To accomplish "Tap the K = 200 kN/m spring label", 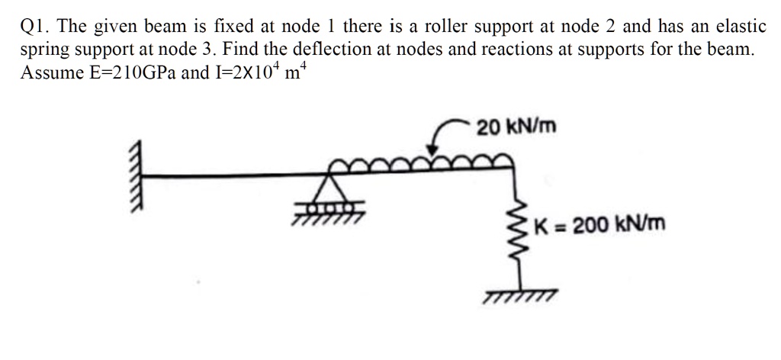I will point(599,225).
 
